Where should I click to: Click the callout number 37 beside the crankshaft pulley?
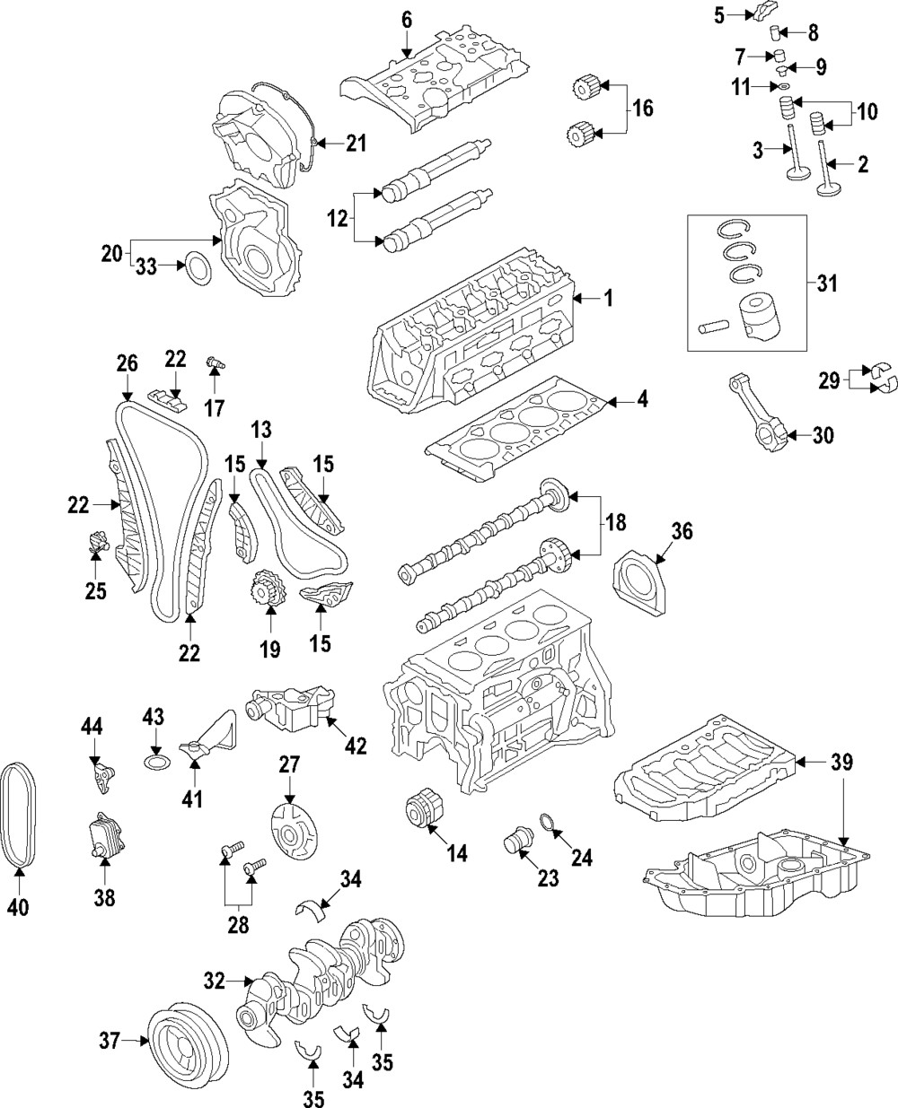point(109,1042)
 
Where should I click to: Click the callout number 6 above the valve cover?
point(406,19)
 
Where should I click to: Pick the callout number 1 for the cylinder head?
point(608,298)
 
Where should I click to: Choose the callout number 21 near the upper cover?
point(357,143)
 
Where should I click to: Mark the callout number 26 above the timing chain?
point(128,363)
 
